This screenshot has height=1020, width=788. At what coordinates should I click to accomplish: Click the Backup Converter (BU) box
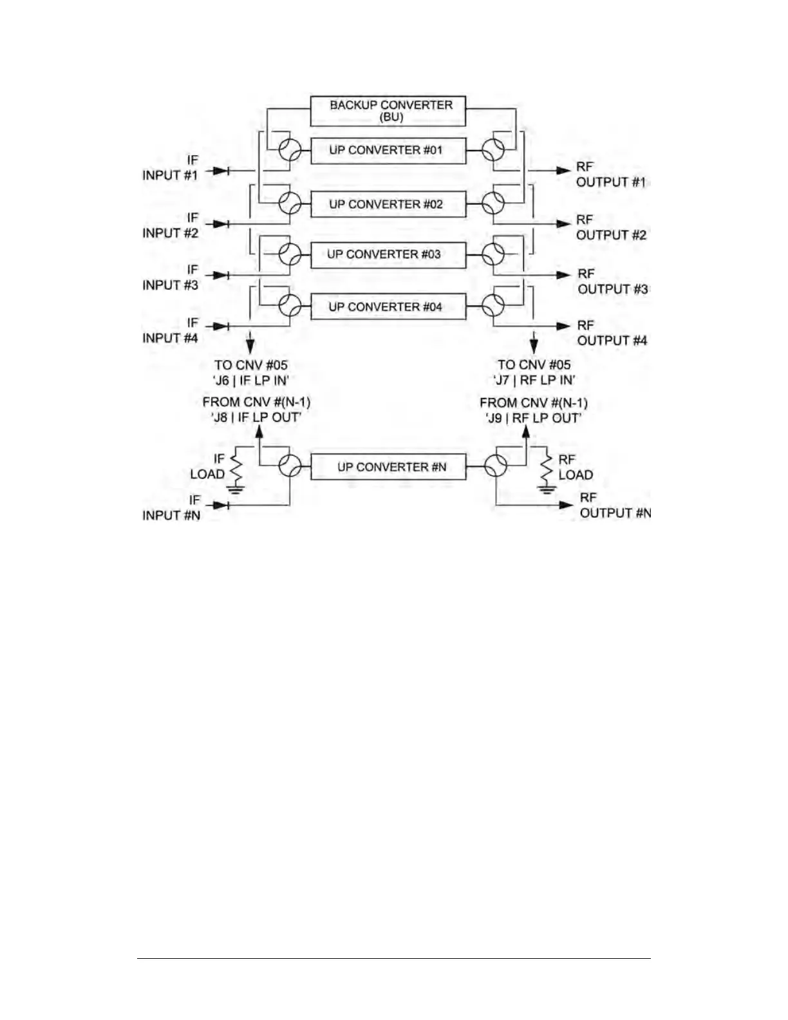click(x=388, y=111)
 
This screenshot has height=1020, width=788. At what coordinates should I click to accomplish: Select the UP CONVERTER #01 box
click(x=388, y=151)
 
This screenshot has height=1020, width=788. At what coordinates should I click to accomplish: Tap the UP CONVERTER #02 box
click(x=388, y=204)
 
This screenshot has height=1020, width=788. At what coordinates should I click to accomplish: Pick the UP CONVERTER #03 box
click(x=388, y=254)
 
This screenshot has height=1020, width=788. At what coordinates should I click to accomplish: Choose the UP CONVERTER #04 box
click(x=388, y=307)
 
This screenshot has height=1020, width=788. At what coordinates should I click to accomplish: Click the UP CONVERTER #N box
click(x=388, y=467)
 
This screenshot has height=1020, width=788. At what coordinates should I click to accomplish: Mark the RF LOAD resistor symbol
click(x=547, y=469)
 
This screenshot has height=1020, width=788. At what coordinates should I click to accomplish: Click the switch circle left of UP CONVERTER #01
click(x=290, y=151)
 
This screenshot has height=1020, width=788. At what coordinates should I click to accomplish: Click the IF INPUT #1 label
click(x=170, y=167)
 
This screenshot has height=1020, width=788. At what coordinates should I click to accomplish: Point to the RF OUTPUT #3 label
click(x=612, y=282)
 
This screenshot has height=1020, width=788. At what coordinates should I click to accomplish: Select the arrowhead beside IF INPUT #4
click(x=220, y=326)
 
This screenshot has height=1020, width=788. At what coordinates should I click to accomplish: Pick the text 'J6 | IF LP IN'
click(x=250, y=380)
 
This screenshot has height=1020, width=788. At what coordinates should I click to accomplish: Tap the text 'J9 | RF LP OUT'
click(x=534, y=418)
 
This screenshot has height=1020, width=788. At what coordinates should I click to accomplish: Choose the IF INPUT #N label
click(x=171, y=507)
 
